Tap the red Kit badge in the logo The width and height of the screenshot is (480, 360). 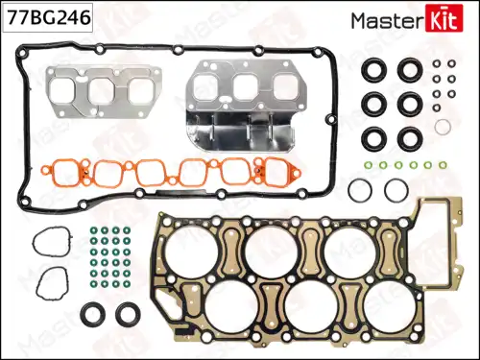450,18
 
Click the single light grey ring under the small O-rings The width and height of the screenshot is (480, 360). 443,127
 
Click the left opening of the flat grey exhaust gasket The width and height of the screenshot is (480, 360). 67,91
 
